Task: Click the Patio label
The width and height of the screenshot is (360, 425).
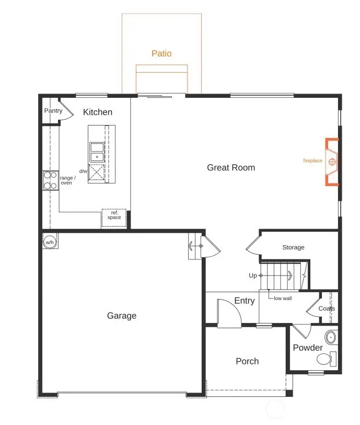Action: tap(161, 53)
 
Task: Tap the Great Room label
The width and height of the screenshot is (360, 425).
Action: tap(231, 167)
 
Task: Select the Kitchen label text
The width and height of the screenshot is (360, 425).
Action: tap(98, 112)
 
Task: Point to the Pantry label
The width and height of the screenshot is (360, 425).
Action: tap(53, 111)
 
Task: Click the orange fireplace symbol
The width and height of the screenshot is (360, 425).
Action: tap(332, 162)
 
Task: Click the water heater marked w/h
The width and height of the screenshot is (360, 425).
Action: tap(50, 242)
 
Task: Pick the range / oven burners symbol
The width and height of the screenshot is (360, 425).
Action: tap(50, 180)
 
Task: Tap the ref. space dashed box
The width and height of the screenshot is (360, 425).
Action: tap(113, 217)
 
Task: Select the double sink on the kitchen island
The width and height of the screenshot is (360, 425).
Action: tap(97, 152)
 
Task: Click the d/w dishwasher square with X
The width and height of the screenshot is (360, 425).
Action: tap(97, 172)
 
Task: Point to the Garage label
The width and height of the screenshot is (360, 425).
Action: tap(122, 315)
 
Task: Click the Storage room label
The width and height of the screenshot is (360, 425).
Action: tap(293, 247)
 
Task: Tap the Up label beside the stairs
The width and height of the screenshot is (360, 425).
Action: tap(253, 275)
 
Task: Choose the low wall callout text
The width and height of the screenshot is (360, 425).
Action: tap(283, 298)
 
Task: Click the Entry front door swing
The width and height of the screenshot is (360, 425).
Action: tap(229, 313)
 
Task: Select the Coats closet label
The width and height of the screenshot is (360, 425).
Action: tap(327, 308)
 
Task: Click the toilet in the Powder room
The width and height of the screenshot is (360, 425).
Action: tap(326, 359)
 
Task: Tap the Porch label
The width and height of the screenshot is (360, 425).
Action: tap(247, 361)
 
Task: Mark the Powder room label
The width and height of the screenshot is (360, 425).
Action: tap(308, 348)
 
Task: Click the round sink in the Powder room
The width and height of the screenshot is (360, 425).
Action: tap(330, 336)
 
